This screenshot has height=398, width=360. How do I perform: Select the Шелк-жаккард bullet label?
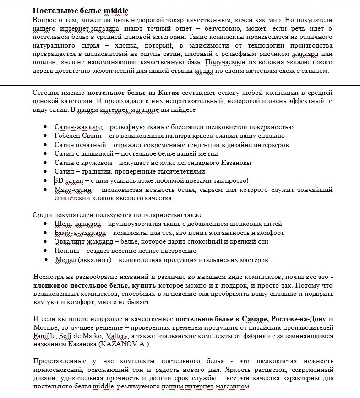[x=76, y=224]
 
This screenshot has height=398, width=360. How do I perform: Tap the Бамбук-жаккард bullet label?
[x=80, y=233]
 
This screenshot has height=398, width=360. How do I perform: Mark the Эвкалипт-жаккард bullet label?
[x=83, y=241]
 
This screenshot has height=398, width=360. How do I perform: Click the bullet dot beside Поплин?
[x=45, y=251]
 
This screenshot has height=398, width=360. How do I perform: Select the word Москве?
[x=44, y=327]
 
